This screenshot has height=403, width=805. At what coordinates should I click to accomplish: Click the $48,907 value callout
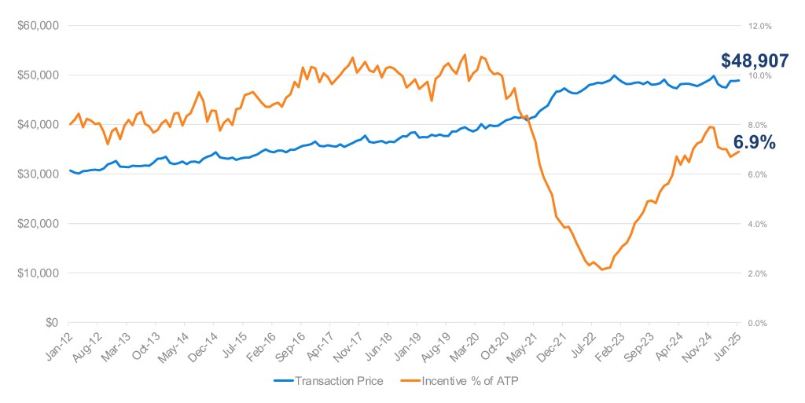755,60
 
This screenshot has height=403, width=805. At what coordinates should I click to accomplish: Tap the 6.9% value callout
754,142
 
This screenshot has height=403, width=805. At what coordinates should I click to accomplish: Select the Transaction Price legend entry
328,381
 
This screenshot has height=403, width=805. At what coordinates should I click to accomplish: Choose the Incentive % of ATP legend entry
459,381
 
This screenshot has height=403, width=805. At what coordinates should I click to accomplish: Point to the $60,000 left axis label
38,26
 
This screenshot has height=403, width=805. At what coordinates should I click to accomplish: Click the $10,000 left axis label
38,273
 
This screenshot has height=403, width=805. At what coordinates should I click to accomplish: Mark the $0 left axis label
52,323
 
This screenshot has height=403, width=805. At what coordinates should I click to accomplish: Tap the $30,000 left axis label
38,174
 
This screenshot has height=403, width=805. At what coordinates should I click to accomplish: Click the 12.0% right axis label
759,26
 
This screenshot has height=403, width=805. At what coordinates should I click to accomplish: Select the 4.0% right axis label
757,224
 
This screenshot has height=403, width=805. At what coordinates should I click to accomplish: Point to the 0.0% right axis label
757,323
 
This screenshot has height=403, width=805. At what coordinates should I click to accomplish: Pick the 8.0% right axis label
757,125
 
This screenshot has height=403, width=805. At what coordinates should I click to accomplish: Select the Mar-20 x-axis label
465,346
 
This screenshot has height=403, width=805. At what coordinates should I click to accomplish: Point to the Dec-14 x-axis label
204,346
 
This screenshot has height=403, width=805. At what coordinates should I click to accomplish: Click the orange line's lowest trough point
601,269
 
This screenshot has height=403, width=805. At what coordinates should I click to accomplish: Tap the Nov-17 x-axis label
349,346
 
